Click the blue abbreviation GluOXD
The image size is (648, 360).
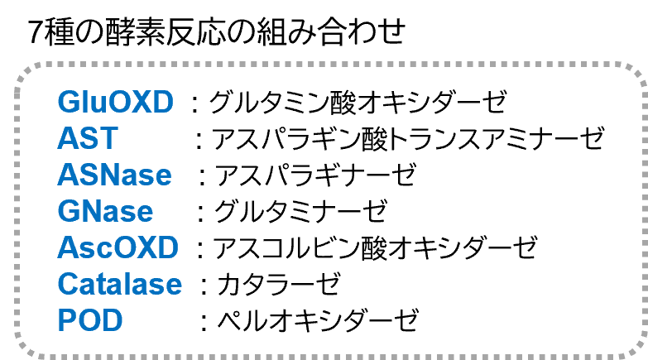click(x=115, y=102)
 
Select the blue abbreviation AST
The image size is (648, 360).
click(x=88, y=138)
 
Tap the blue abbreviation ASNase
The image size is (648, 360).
click(x=114, y=175)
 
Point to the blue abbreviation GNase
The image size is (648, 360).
click(x=105, y=211)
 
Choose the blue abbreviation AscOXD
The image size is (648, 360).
click(x=118, y=247)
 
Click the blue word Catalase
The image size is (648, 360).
click(x=120, y=284)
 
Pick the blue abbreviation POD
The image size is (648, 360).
click(x=90, y=320)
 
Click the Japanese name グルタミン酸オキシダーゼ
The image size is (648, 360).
click(x=358, y=102)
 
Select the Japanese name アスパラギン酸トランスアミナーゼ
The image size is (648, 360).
click(x=408, y=138)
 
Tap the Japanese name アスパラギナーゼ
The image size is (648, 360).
click(x=315, y=175)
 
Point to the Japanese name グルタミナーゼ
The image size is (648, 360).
click(x=301, y=211)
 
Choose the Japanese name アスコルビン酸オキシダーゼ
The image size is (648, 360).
click(x=375, y=247)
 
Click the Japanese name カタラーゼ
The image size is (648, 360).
click(x=279, y=284)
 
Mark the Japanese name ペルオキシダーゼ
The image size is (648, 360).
click(x=318, y=320)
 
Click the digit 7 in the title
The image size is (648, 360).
click(x=36, y=32)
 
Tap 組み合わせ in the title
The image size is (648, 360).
click(x=330, y=31)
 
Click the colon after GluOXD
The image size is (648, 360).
click(x=194, y=103)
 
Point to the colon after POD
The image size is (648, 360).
click(x=204, y=322)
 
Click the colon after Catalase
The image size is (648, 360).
click(x=204, y=286)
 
